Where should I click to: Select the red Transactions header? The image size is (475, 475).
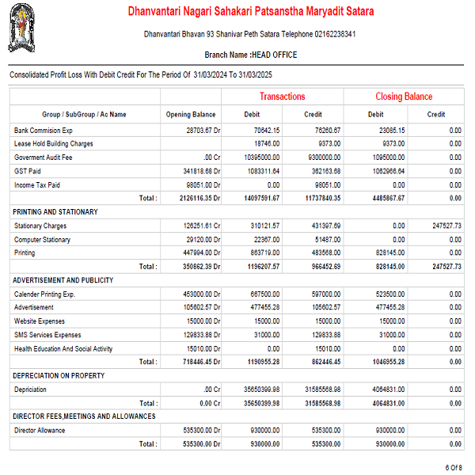[x=282, y=97]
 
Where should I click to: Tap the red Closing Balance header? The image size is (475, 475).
[x=404, y=97]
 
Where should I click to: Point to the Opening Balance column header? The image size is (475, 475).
[x=190, y=115]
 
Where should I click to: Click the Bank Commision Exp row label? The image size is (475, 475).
[x=44, y=130]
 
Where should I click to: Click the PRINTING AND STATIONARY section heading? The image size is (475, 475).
[x=55, y=212]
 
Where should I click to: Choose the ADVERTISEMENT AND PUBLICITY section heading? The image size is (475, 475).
[x=63, y=280]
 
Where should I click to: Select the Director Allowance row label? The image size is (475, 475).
[x=40, y=431]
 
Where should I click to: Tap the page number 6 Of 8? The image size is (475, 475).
[x=453, y=467]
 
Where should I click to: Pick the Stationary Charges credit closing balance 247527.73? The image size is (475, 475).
[x=443, y=226]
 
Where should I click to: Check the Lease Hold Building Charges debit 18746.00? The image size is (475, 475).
[x=267, y=143]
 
